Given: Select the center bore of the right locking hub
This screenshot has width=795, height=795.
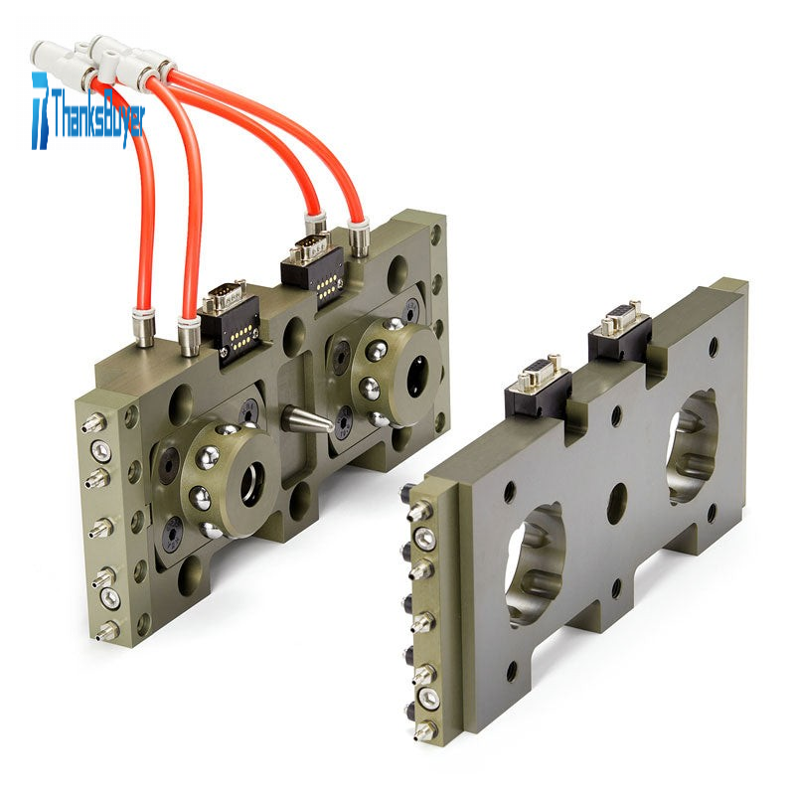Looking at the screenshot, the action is [x=420, y=376].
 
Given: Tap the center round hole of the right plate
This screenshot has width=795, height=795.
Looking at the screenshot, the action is [x=617, y=497].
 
